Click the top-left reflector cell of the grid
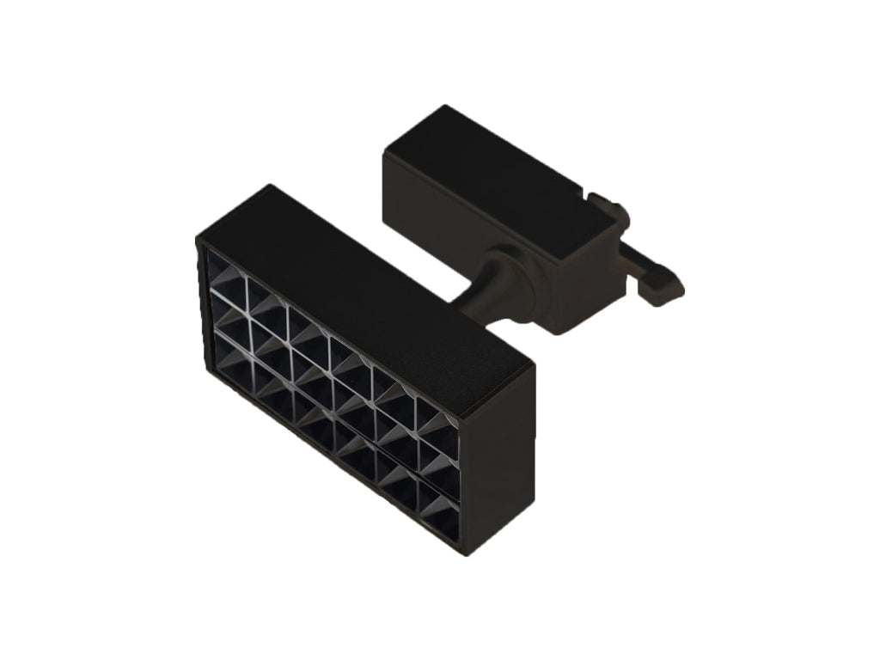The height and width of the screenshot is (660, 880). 227,274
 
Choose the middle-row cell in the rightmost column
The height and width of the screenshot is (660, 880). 437,462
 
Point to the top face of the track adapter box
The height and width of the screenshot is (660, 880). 498,172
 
